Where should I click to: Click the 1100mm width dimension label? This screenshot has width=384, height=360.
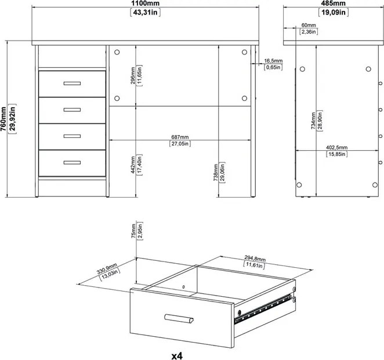pos(145,3)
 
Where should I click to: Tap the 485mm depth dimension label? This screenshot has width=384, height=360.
pos(334,3)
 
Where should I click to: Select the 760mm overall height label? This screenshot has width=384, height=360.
pos(3,119)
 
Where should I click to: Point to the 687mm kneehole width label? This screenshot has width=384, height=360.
pos(180,137)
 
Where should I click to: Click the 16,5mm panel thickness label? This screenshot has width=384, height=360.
pos(273,60)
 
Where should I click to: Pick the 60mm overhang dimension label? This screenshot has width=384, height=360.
pos(309,25)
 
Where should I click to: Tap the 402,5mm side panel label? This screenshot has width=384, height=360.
pos(337,147)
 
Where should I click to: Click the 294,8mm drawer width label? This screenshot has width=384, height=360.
pos(255,258)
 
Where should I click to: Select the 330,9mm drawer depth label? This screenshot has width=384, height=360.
pos(107,268)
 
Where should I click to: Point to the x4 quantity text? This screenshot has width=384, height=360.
pos(177,356)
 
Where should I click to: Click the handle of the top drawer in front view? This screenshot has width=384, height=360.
pos(72,83)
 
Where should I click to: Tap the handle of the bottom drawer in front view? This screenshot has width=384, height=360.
pos(72,162)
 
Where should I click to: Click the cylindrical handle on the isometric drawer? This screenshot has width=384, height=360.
pos(179,318)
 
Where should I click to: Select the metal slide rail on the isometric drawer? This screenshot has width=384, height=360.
pos(263,310)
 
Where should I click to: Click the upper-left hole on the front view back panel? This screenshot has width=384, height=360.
pos(117,52)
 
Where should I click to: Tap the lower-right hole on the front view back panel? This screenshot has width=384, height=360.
pos(244,98)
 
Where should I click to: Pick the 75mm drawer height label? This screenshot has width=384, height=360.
pos(133,231)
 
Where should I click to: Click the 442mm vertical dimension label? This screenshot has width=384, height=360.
pos(133,165)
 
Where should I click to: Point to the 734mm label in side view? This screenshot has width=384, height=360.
pos(313,121)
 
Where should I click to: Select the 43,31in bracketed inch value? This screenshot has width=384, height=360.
pos(145,12)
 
